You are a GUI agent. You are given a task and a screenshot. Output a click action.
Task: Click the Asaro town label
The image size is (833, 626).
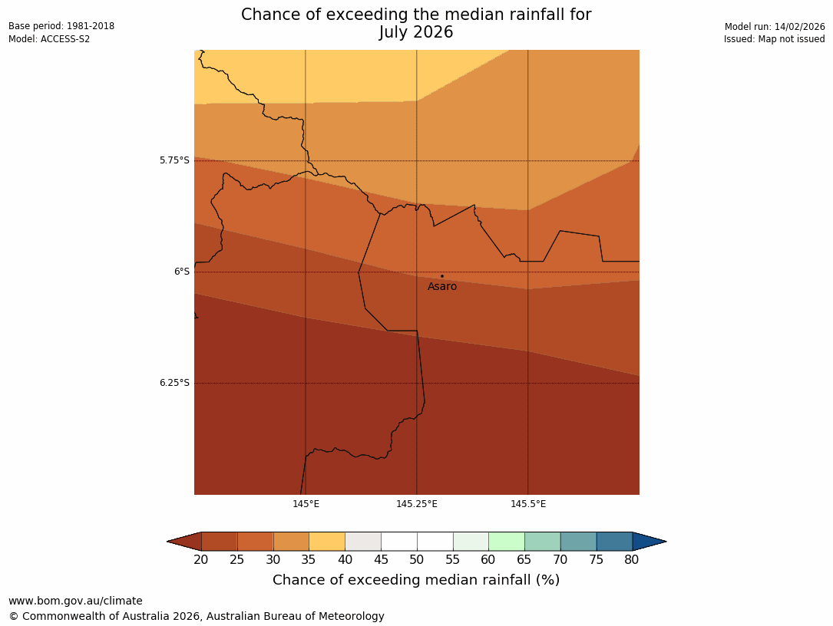pyautogui.click(x=442, y=287)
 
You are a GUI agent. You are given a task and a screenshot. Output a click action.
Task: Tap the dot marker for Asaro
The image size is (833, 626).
pyautogui.click(x=441, y=276)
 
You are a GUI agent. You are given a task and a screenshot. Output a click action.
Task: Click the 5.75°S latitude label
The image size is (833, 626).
pyautogui.click(x=174, y=160)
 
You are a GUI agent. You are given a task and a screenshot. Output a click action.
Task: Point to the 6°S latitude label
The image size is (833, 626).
pyautogui.click(x=181, y=272)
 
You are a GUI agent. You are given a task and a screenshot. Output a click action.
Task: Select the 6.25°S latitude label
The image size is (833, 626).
pyautogui.click(x=174, y=383)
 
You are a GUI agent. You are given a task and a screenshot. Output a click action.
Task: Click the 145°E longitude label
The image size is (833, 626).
pyautogui.click(x=306, y=504)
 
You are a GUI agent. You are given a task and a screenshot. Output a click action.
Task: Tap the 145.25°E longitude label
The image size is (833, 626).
pyautogui.click(x=417, y=504)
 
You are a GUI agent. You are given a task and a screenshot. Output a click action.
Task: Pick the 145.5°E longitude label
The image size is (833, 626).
pyautogui.click(x=528, y=504)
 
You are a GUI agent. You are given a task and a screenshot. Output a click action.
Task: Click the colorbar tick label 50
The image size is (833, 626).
pyautogui.click(x=417, y=560)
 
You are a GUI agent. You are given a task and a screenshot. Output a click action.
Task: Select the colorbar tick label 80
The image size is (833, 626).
pyautogui.click(x=632, y=560)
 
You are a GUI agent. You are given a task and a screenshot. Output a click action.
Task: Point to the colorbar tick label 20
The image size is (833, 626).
pyautogui.click(x=201, y=560)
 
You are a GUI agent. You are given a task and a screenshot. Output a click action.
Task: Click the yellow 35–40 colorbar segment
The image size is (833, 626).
pyautogui.click(x=327, y=542)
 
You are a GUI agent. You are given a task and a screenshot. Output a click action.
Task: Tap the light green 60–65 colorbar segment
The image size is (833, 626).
pyautogui.click(x=507, y=542)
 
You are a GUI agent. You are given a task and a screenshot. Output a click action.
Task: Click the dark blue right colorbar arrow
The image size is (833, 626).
pyautogui.click(x=649, y=542)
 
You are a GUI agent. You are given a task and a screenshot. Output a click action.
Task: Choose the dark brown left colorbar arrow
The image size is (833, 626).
pyautogui.click(x=185, y=542)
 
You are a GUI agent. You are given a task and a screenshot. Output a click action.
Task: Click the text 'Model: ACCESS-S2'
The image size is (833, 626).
pyautogui.click(x=49, y=39)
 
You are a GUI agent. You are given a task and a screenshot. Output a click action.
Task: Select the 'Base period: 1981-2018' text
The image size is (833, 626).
pyautogui.click(x=61, y=26)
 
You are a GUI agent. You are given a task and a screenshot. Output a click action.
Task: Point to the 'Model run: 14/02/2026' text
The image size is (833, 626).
pyautogui.click(x=775, y=26)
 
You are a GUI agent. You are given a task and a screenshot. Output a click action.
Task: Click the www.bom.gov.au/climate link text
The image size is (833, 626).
pyautogui.click(x=75, y=601)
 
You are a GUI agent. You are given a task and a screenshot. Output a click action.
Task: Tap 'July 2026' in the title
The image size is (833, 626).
pyautogui.click(x=416, y=32)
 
